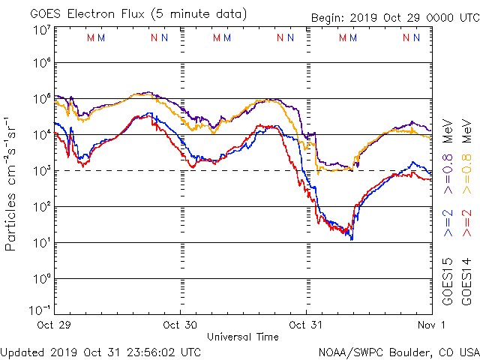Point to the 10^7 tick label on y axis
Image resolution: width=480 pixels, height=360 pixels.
[x=41, y=31]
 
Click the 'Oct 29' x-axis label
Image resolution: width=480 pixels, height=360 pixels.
[x=55, y=325]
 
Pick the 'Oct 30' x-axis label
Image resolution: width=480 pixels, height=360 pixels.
[x=180, y=325]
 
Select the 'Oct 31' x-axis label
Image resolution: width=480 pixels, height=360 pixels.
[x=306, y=325]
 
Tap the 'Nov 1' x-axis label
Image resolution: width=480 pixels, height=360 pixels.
[x=431, y=325]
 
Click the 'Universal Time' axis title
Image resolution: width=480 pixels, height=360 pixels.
[x=243, y=337]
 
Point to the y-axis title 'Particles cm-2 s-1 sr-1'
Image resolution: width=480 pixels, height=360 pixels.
[x=12, y=184]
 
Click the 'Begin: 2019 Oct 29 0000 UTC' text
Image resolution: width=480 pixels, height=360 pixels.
[x=394, y=17]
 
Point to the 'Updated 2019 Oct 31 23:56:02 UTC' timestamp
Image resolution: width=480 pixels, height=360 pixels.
[x=100, y=351]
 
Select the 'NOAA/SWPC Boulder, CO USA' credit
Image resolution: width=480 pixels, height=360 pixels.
[x=398, y=351]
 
